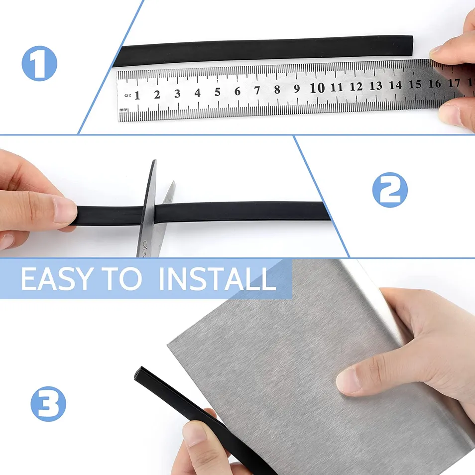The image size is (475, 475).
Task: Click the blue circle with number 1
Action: point(39,63)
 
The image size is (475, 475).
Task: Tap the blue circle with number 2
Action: point(390,190)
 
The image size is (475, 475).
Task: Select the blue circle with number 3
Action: point(48,404)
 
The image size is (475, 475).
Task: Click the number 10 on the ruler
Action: point(317,88)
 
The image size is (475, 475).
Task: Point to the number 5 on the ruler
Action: point(218,92)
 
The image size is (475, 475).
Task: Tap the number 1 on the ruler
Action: point(137,95)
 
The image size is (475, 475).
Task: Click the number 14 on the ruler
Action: point(395,85)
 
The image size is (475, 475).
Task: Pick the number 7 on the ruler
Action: point(257,90)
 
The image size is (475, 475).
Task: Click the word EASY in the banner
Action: point(56,279)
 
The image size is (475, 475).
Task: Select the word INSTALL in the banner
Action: point(218,279)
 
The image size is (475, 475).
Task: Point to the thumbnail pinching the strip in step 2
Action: point(65,210)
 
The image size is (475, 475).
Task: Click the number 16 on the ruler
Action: point(435,83)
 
